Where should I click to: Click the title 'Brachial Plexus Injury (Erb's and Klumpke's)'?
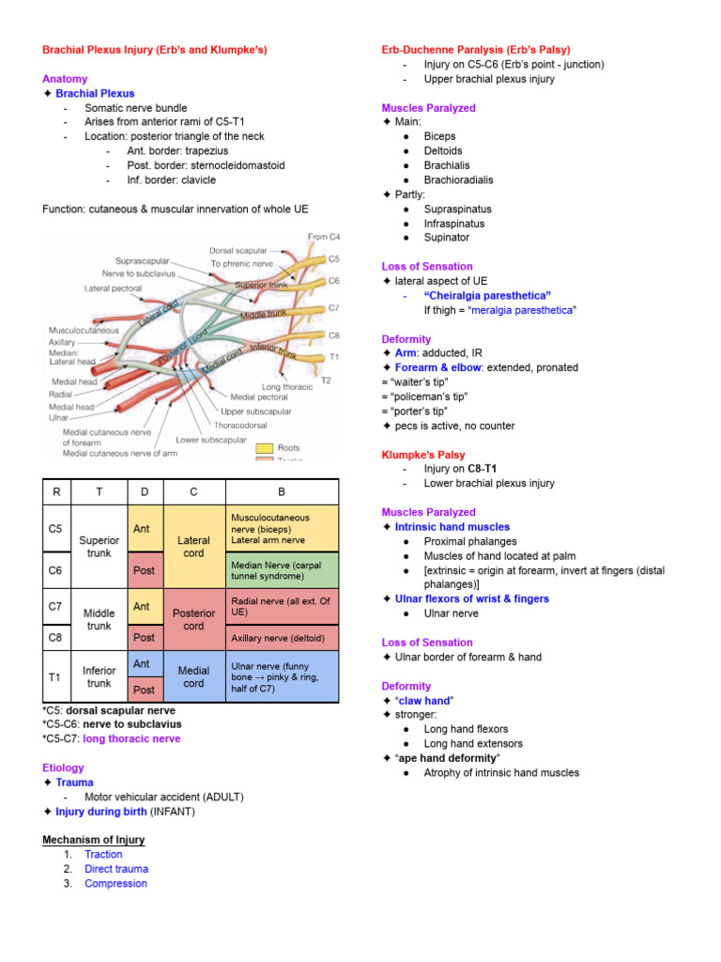point(154,50)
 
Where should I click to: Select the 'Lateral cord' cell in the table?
point(193,547)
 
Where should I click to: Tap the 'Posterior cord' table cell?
point(193,619)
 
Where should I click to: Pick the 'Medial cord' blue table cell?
point(193,676)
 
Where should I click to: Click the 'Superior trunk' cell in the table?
point(99,547)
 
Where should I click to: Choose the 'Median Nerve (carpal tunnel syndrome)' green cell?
point(282,572)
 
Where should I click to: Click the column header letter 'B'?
point(282,491)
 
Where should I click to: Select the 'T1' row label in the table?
point(55,676)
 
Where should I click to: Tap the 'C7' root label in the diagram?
point(334,308)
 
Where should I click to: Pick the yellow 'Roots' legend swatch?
point(262,449)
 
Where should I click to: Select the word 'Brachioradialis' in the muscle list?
point(458,179)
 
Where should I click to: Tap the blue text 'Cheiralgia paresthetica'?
point(487,295)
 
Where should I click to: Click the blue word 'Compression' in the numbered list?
point(115,883)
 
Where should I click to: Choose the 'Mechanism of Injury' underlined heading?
point(94,839)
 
